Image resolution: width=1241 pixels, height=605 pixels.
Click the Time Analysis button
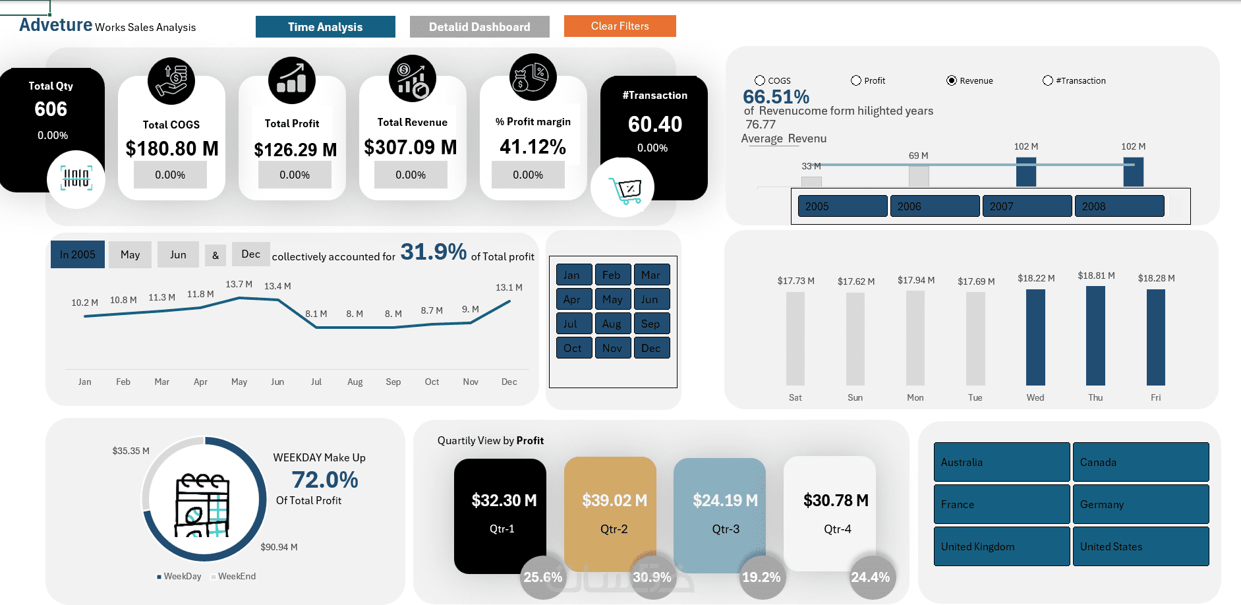pyautogui.click(x=325, y=27)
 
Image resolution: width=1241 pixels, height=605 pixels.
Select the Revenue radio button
pyautogui.click(x=952, y=80)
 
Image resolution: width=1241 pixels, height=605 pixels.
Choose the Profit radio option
pyautogui.click(x=856, y=80)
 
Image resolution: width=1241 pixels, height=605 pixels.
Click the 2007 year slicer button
pyautogui.click(x=1026, y=206)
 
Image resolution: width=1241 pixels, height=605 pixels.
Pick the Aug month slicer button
pyautogui.click(x=612, y=324)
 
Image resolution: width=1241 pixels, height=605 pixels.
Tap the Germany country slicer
pyautogui.click(x=1140, y=504)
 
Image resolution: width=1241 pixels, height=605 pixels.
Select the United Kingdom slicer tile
pyautogui.click(x=1001, y=546)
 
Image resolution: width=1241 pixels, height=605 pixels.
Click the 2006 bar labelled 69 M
pyautogui.click(x=919, y=176)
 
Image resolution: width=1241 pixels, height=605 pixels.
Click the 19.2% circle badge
pyautogui.click(x=761, y=577)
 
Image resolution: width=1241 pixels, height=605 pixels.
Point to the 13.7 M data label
pyautogui.click(x=239, y=284)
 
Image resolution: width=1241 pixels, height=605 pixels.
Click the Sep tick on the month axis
pyautogui.click(x=393, y=382)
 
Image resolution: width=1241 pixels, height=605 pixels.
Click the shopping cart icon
pyautogui.click(x=623, y=189)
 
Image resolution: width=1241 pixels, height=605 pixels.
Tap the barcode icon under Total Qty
pyautogui.click(x=76, y=179)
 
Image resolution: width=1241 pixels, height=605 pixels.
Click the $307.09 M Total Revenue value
pyautogui.click(x=411, y=147)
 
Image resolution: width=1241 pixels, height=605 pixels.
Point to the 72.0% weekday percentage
pyautogui.click(x=325, y=480)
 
